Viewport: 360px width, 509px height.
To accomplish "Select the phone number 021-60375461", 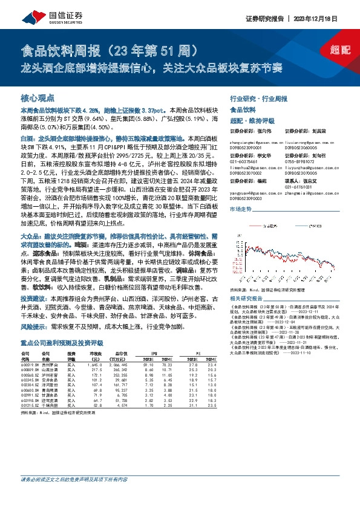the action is click(x=244, y=163).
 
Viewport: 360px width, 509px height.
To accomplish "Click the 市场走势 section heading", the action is click(x=241, y=208).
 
